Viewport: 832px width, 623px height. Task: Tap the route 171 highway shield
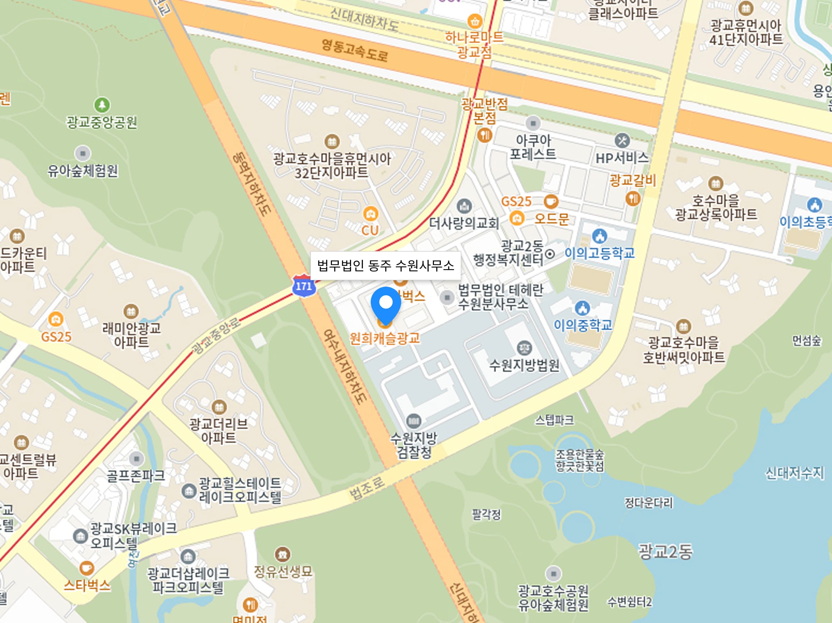tap(304, 286)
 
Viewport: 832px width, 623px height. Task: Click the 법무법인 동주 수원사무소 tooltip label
tap(385, 266)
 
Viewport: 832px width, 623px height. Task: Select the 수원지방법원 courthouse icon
tap(524, 348)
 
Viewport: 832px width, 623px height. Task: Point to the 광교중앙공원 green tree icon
tap(102, 105)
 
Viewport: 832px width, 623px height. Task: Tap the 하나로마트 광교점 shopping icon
tap(475, 21)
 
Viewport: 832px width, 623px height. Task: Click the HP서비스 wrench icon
tap(622, 141)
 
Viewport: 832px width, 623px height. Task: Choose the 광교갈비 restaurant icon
tap(633, 198)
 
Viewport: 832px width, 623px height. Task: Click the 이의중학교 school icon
tap(583, 308)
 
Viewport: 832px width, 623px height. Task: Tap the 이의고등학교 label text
tap(600, 253)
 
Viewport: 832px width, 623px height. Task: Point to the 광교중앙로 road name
tap(216, 336)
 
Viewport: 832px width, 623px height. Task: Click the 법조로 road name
tap(367, 488)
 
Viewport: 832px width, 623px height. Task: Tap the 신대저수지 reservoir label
tap(794, 473)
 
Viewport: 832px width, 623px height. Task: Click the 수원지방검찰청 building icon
tap(414, 421)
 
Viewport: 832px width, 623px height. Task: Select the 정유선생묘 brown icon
tap(282, 554)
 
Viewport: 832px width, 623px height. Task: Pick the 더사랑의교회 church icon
tap(464, 206)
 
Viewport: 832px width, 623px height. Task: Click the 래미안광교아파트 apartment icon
tap(131, 311)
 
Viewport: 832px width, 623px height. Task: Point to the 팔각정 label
tap(486, 514)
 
